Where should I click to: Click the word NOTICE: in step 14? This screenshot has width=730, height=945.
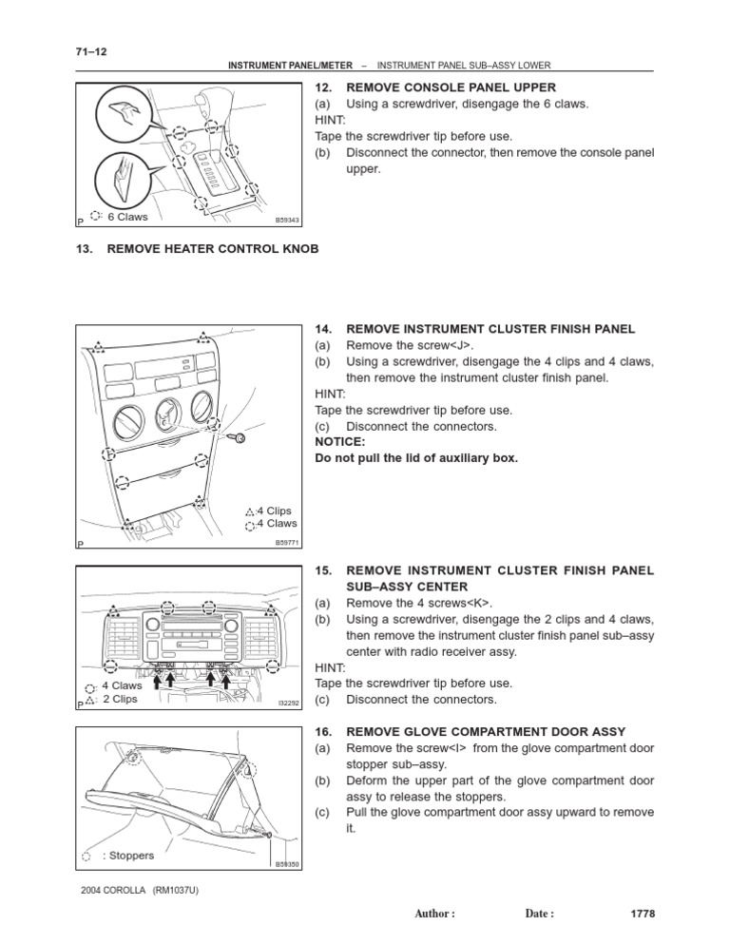coord(339,442)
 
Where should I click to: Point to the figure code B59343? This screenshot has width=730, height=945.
coord(287,220)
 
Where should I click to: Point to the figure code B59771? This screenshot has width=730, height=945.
coord(287,543)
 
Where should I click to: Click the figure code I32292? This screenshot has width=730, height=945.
coord(288,704)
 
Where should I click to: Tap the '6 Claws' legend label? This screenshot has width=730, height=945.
coord(125,217)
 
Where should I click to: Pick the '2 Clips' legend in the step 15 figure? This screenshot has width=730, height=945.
coord(119,699)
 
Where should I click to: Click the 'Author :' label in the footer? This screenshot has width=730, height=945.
coord(435,914)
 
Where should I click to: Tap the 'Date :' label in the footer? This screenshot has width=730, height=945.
coord(539,914)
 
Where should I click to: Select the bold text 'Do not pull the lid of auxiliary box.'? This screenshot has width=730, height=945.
coord(416,458)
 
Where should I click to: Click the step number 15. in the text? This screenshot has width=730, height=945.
coord(323,570)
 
